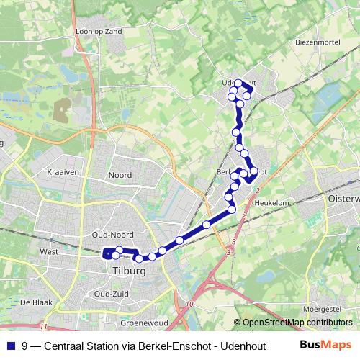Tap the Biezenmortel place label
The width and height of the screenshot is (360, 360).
pos(318,42)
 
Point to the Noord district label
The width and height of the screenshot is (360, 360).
pos(120,175)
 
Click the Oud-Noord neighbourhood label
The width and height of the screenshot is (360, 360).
pos(113,235)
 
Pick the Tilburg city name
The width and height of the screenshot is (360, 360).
pos(130,271)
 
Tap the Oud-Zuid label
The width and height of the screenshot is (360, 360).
pos(112,294)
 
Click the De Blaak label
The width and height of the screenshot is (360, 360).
pos(35,302)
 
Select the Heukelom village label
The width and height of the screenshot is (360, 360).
pos(272,204)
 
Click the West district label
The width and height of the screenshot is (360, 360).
pos(49,252)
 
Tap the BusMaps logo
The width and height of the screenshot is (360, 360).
pos(326,346)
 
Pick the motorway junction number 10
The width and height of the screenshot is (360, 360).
pos(190,305)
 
